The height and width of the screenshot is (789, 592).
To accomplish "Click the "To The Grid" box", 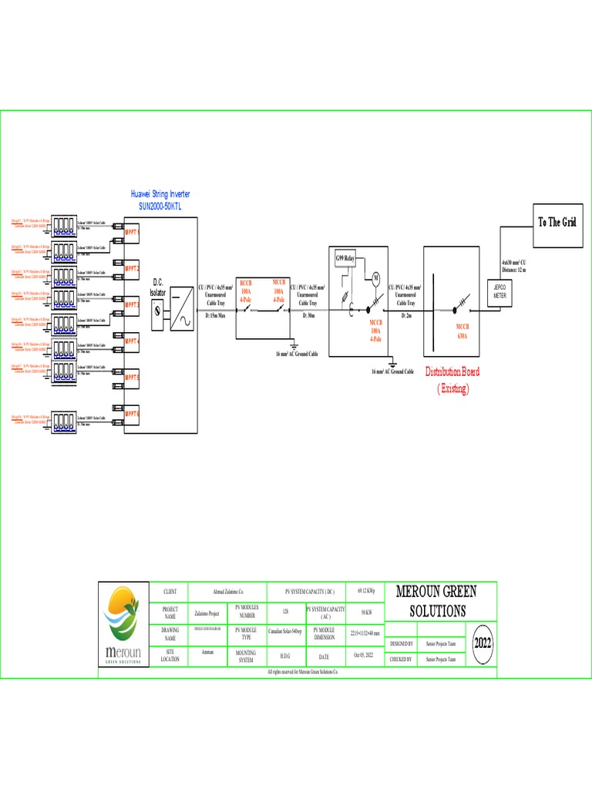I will [557, 222].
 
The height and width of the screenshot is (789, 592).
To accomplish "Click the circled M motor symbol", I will [377, 277].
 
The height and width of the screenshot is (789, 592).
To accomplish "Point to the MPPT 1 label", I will [131, 232].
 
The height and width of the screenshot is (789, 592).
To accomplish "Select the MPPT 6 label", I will [131, 414].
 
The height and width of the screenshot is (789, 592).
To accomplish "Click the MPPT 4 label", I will [131, 341].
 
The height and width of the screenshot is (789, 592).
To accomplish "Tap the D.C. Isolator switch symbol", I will [159, 311].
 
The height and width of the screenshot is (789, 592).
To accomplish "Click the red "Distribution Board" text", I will [452, 371].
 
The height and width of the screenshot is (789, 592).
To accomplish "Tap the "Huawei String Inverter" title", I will [160, 196].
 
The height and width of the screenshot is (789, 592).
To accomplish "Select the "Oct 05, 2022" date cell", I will [362, 656].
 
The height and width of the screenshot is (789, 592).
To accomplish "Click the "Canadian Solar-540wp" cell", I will [285, 630].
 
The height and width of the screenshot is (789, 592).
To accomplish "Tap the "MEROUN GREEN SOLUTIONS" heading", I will [436, 601].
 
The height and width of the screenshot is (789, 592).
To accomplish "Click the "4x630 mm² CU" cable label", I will [513, 263].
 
